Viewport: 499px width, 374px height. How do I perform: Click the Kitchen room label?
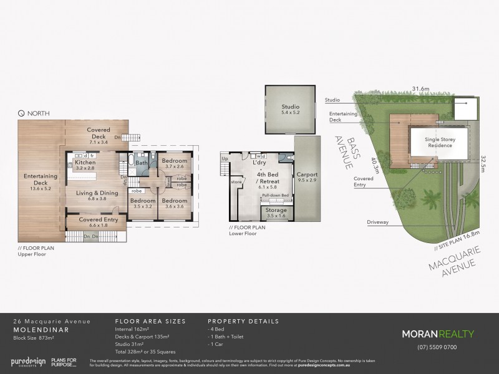[x=84, y=163]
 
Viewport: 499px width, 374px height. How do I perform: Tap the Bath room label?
[x=141, y=163]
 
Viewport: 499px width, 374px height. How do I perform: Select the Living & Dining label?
[x=97, y=193]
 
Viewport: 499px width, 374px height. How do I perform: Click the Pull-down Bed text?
[x=274, y=196]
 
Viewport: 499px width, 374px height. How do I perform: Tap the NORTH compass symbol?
[x=21, y=113]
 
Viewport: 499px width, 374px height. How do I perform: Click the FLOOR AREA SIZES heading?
[x=150, y=321]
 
